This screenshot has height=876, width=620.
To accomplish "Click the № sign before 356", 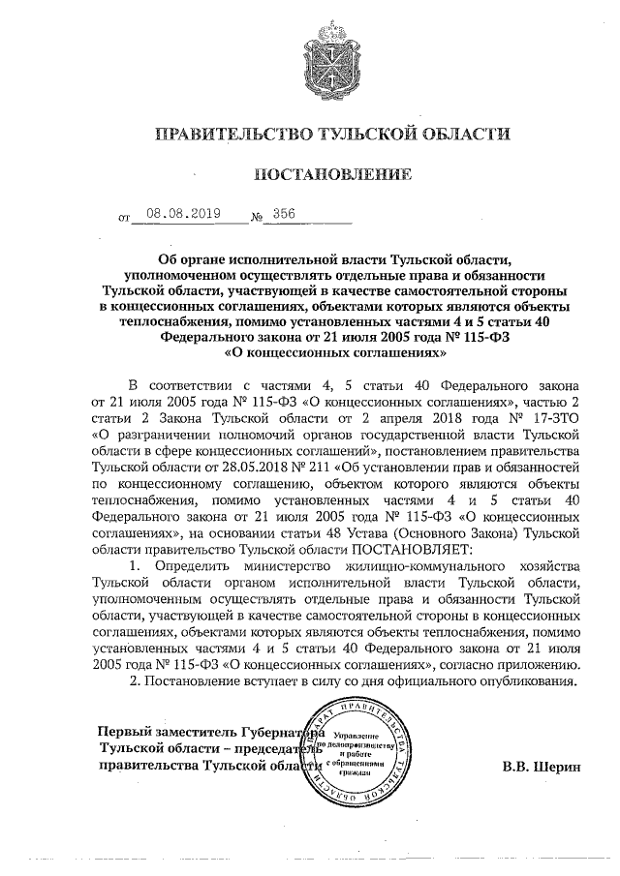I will [257, 220].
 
